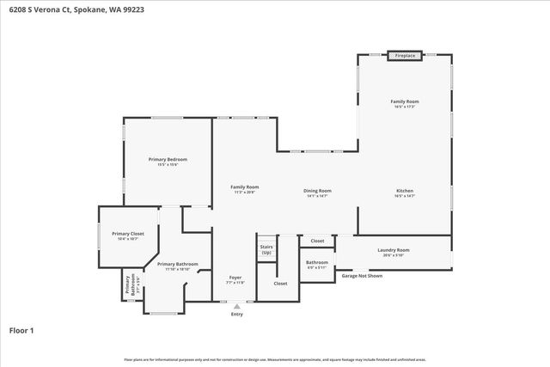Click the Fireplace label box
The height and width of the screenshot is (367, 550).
(405, 56)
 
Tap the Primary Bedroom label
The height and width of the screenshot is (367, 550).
(168, 160)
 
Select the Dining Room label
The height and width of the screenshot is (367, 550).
(317, 191)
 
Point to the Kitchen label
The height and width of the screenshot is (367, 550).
(405, 191)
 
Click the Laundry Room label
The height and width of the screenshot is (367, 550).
(394, 250)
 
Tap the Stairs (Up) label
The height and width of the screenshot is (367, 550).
(266, 249)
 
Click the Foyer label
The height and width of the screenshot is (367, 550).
(235, 278)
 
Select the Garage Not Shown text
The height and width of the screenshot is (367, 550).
(362, 276)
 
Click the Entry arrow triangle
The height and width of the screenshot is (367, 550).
(237, 306)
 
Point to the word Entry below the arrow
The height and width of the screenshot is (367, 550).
(237, 315)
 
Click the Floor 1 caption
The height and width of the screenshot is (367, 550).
(22, 330)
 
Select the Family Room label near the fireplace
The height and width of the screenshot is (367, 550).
(405, 101)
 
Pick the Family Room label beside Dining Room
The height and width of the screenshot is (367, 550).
(244, 187)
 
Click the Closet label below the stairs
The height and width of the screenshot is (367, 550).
(280, 283)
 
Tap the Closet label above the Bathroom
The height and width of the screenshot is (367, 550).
(317, 242)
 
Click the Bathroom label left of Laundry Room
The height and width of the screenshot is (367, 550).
(317, 262)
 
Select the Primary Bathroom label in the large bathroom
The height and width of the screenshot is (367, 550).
(178, 264)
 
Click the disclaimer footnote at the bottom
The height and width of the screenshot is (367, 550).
(275, 360)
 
